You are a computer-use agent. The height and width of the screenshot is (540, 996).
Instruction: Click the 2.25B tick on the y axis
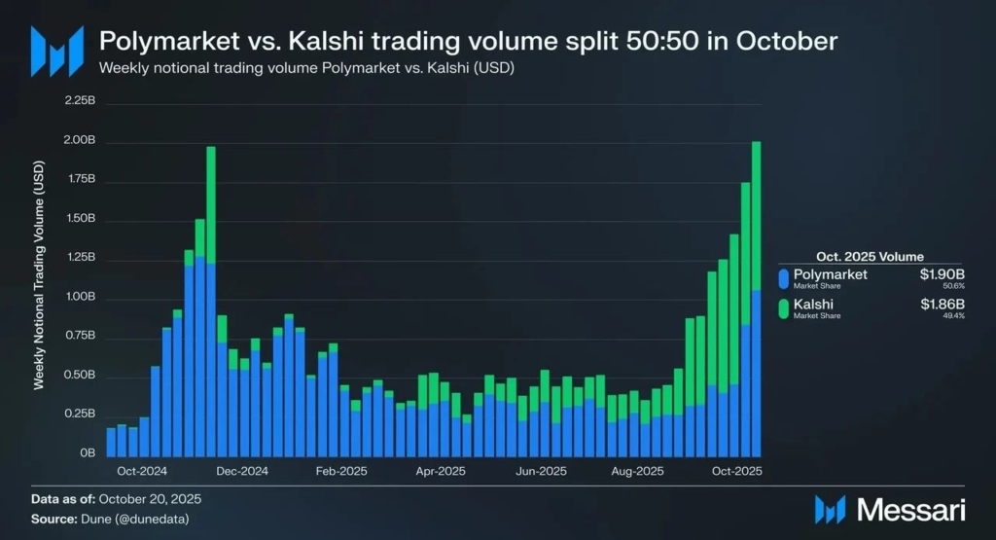80,100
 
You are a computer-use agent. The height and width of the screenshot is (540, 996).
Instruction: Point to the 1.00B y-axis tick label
80,297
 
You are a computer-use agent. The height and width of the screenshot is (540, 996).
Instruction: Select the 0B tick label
88,453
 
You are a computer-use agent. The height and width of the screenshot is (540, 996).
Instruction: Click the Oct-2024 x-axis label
141,471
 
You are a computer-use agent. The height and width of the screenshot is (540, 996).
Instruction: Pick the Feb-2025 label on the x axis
341,471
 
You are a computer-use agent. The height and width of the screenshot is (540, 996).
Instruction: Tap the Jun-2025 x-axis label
540,471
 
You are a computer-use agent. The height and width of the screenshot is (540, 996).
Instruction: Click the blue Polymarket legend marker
785,279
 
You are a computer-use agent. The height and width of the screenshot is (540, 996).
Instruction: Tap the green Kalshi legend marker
785,309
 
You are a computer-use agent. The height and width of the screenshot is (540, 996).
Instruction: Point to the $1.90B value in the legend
943,274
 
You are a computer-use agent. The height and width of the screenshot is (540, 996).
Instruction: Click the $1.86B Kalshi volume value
943,305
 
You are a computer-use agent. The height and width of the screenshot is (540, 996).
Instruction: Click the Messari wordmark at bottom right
904,509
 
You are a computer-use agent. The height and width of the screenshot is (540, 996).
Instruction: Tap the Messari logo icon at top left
56,51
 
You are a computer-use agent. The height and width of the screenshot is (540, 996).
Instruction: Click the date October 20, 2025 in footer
145,499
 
